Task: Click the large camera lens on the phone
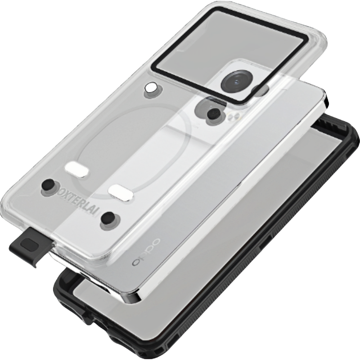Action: point(237,82)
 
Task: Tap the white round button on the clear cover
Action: point(151,87)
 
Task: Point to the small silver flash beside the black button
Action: point(233,117)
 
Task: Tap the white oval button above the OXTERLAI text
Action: point(76,170)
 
